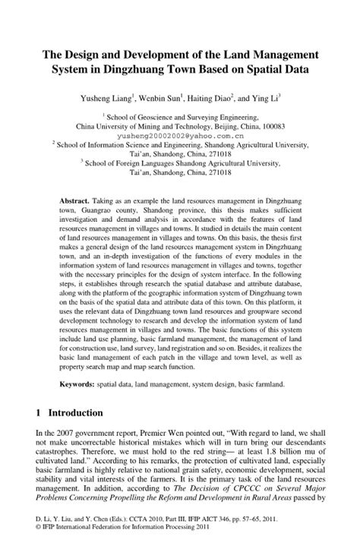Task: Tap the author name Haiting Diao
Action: click(x=220, y=99)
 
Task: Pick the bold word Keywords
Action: click(x=79, y=385)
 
